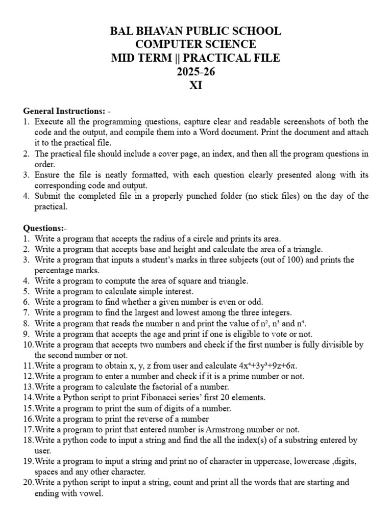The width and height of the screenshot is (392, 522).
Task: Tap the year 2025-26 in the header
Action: coord(196,71)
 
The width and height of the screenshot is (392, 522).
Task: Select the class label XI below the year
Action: coord(196,85)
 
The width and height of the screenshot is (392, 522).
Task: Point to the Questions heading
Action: coord(44,228)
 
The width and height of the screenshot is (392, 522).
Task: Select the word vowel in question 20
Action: coord(88,493)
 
